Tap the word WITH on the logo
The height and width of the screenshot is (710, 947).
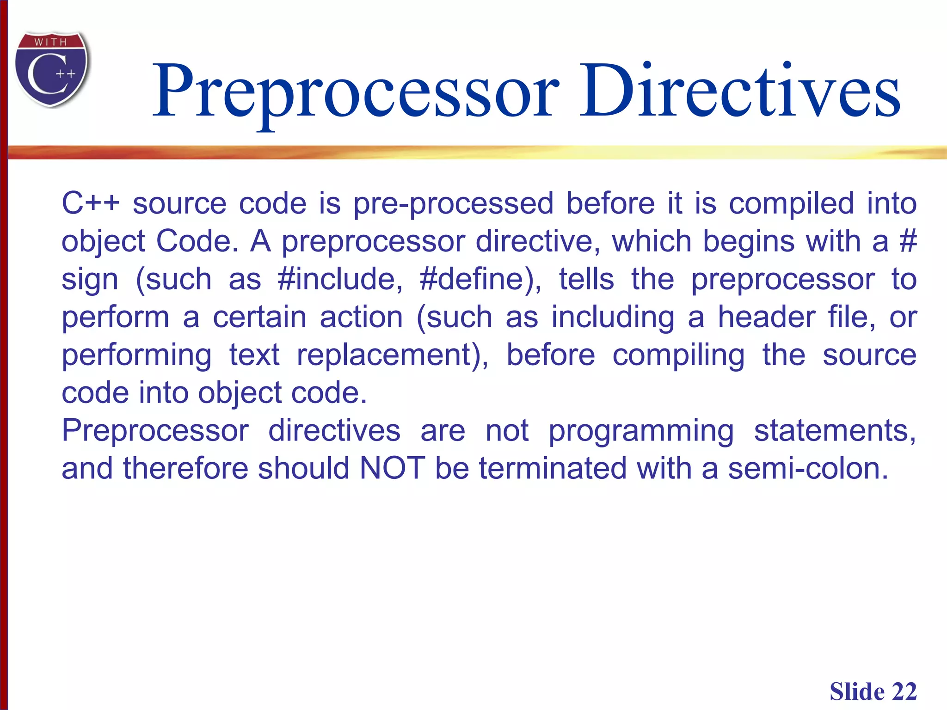(x=51, y=43)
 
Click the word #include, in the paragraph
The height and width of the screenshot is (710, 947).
(x=340, y=279)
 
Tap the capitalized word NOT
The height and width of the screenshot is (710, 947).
(x=392, y=468)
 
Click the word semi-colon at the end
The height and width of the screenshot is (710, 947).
(x=808, y=468)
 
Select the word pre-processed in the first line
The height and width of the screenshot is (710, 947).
(x=453, y=204)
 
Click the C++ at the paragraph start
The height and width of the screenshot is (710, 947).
(x=91, y=204)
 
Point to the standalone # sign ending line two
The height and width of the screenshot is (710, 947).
(x=908, y=241)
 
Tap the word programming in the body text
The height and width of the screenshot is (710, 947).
(x=641, y=431)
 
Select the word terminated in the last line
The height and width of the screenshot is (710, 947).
(x=553, y=468)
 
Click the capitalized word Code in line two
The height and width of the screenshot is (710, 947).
(x=197, y=241)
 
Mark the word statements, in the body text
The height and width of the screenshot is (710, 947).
(x=835, y=431)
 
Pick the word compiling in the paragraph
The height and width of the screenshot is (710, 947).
(x=678, y=355)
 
